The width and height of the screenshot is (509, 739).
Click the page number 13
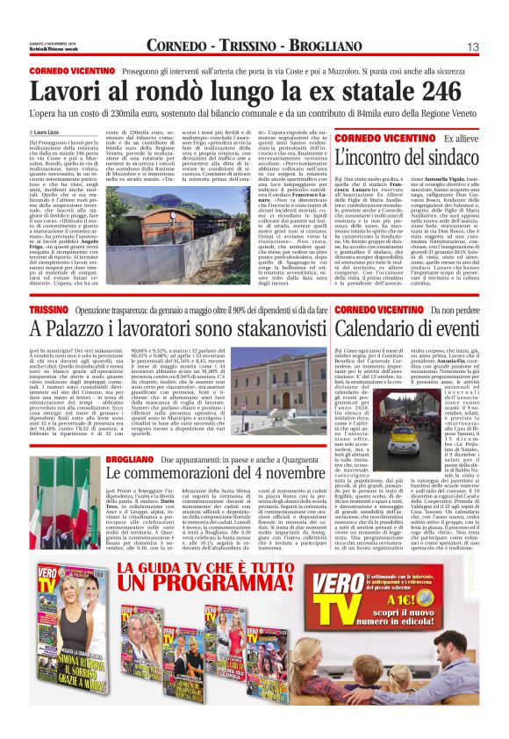click(x=473, y=46)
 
